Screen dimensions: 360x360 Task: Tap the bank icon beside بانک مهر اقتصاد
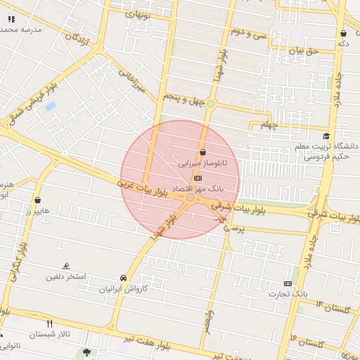196,179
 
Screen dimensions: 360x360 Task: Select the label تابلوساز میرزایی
198,163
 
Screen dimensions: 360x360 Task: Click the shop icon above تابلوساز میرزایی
202,152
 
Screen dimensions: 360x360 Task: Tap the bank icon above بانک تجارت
287,283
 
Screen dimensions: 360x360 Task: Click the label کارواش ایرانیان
124,288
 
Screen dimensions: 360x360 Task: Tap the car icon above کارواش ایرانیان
124,277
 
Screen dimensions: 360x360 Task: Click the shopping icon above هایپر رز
37,200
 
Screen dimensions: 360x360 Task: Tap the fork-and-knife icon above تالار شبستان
49,324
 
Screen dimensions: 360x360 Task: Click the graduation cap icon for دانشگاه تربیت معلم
326,136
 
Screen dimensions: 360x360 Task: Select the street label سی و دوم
251,33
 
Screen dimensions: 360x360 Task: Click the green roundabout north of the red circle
210,104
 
